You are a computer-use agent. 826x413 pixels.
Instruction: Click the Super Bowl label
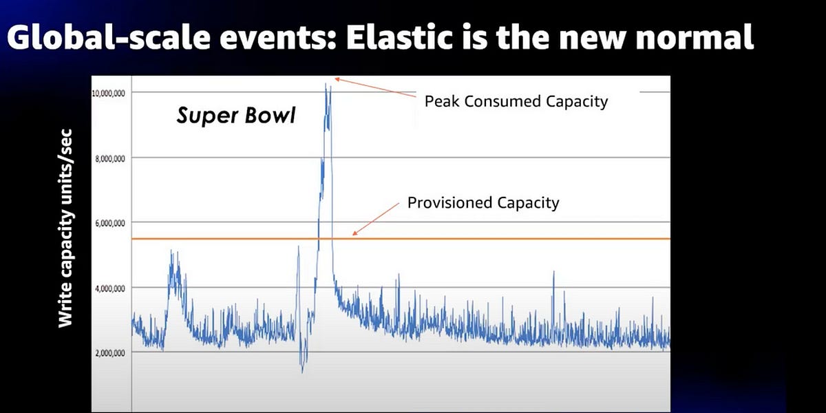click(235, 115)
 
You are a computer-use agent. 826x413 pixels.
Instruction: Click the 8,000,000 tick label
click(109, 158)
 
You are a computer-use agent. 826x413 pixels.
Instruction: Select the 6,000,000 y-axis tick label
click(109, 223)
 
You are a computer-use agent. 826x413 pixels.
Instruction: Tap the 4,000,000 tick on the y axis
click(109, 288)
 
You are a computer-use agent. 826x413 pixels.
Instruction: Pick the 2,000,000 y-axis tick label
click(109, 353)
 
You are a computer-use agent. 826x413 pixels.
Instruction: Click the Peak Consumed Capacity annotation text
click(516, 102)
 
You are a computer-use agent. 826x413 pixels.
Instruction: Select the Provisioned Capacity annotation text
click(483, 203)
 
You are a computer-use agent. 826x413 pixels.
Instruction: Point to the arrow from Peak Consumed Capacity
click(375, 90)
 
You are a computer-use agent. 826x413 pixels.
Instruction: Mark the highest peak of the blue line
click(326, 84)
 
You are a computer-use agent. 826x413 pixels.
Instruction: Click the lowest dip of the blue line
click(302, 372)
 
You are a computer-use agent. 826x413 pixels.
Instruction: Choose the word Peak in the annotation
click(439, 102)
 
